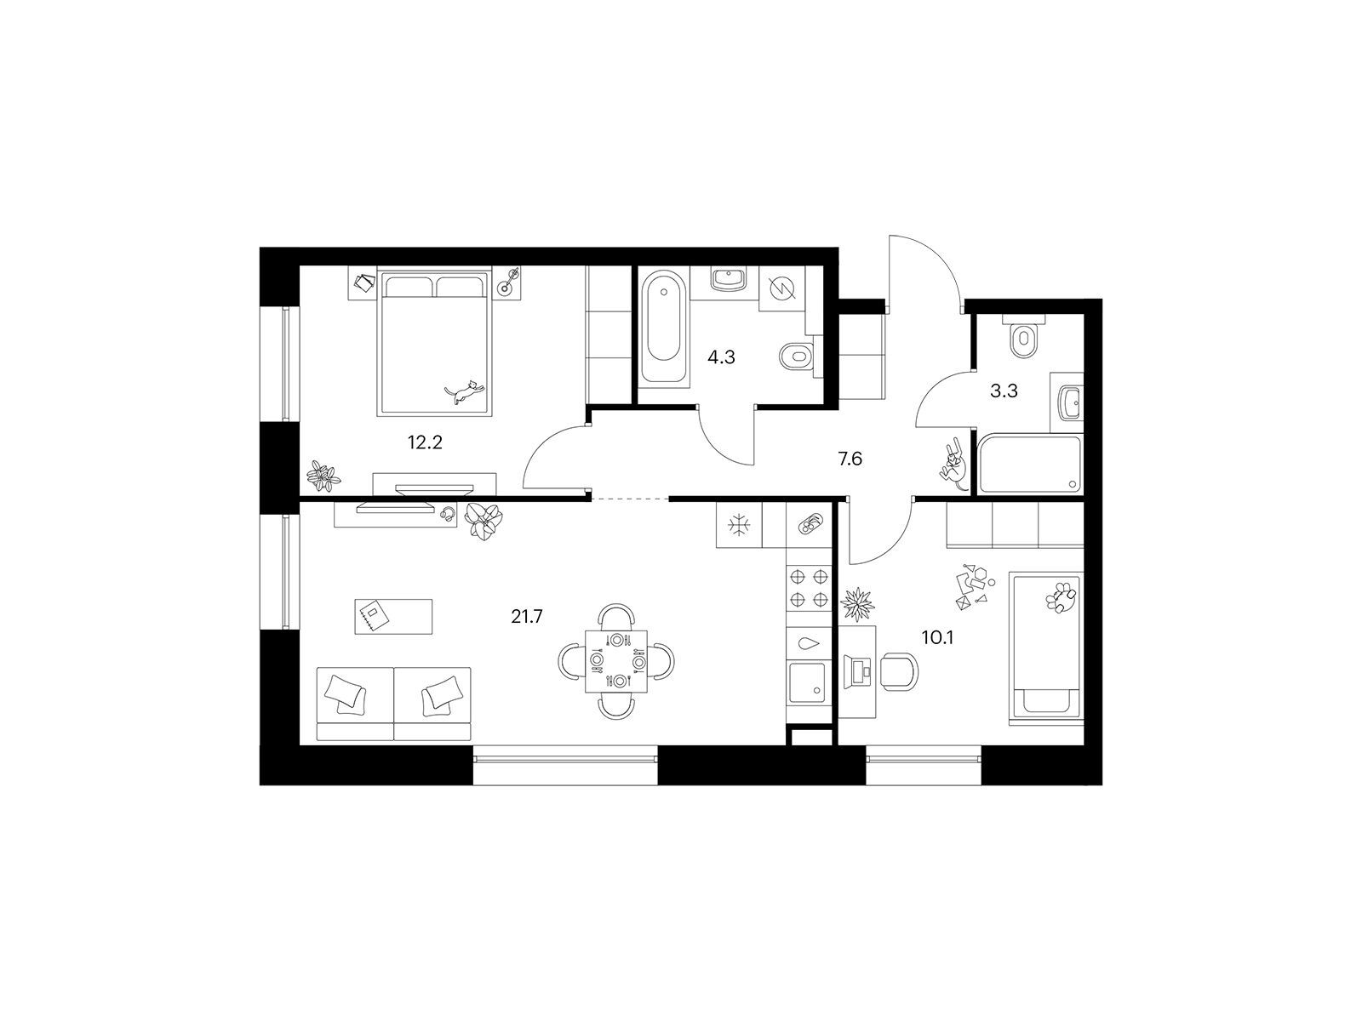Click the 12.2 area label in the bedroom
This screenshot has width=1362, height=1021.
[x=425, y=442]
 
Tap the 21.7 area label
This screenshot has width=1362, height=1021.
[x=527, y=616]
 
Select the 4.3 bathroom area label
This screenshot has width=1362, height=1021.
[x=721, y=357]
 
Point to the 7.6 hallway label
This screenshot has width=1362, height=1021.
[x=850, y=459]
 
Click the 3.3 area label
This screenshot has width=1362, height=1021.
[x=1004, y=391]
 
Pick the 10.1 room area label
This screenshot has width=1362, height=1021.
[x=937, y=637]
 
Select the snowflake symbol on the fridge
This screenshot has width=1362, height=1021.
[x=739, y=525]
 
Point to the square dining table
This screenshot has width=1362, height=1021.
[x=616, y=661]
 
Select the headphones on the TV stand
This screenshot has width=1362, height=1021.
[x=447, y=513]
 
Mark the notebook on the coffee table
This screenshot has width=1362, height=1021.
[x=372, y=615]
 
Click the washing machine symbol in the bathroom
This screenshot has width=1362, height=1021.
[x=781, y=288]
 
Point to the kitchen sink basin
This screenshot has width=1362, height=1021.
[x=807, y=682]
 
